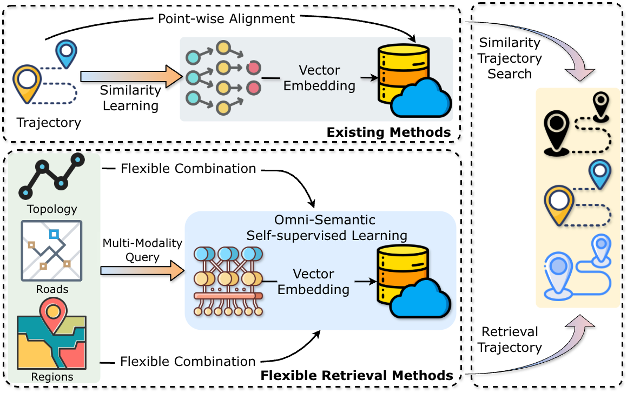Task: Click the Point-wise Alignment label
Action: [x=226, y=19]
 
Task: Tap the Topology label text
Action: [x=52, y=209]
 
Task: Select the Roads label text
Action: [x=52, y=289]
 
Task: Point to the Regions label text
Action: [x=52, y=376]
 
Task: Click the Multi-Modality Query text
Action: [x=142, y=250]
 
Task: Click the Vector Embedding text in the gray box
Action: [x=319, y=78]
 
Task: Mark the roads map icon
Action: [x=51, y=250]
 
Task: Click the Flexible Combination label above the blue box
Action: [x=188, y=169]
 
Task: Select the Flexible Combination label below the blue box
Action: [x=188, y=361]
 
